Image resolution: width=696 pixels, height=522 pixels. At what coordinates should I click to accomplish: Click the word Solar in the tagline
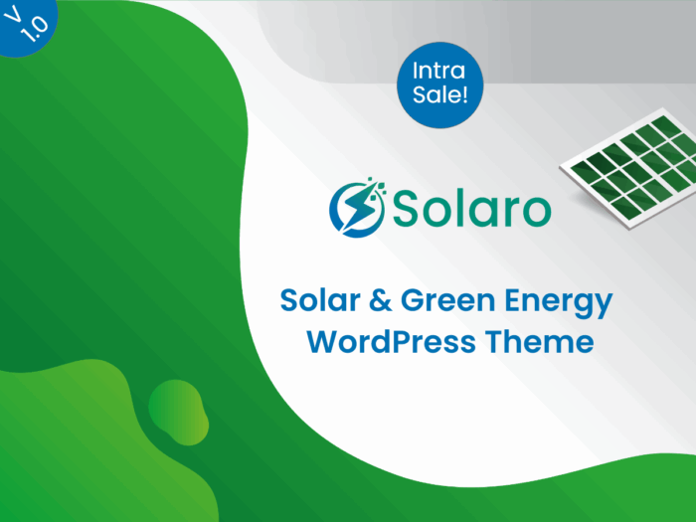point(320,300)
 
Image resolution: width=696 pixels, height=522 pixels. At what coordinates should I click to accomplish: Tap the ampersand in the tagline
point(381,300)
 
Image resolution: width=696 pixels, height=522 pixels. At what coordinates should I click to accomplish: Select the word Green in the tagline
point(447,300)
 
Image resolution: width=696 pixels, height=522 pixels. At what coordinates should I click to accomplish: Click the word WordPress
point(391,342)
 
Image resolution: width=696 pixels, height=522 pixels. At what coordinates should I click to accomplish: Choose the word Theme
point(539,342)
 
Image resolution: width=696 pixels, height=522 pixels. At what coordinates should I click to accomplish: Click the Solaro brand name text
point(472,208)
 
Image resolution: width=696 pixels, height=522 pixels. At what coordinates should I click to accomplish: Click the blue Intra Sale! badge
point(439,85)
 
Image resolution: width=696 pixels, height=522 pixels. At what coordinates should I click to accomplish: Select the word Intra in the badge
point(438,71)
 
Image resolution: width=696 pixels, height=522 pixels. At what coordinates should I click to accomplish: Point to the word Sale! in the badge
point(439,94)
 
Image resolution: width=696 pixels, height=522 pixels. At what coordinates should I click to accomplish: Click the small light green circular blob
point(178,413)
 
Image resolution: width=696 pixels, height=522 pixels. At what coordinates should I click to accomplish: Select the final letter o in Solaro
point(536,211)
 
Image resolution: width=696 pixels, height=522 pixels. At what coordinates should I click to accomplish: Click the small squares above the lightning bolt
point(376,187)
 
